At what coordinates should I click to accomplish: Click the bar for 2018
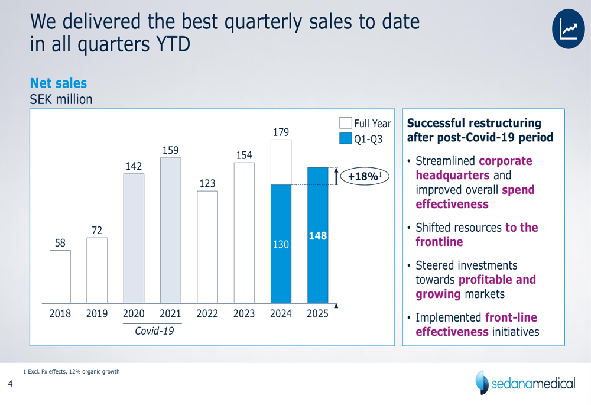(x=60, y=276)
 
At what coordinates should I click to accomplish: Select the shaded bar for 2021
(x=170, y=231)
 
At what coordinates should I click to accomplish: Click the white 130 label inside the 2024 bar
(x=281, y=244)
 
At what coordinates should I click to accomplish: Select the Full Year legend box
(x=346, y=124)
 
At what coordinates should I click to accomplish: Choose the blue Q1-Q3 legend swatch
(x=346, y=139)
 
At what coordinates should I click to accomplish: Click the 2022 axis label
(x=207, y=314)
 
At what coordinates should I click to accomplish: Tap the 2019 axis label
(x=97, y=314)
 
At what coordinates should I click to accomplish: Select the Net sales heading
(x=59, y=83)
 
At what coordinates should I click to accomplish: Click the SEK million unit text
(x=61, y=99)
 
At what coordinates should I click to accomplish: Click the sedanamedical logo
(x=525, y=383)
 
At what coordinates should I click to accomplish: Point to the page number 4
(x=10, y=385)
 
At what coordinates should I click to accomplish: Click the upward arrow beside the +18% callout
(x=336, y=176)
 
